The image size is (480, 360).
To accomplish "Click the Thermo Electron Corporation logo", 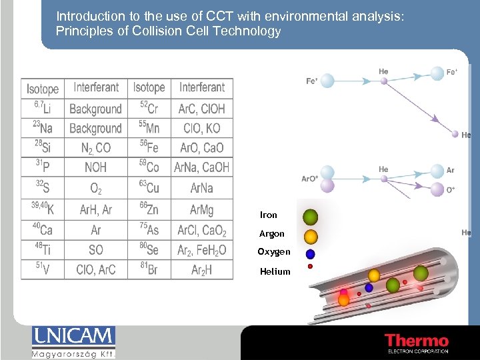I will click(416, 343).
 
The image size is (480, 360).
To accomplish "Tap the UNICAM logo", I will click(73, 342).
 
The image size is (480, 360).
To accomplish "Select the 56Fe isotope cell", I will click(149, 148).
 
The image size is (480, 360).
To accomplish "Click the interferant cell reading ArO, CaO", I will click(202, 148).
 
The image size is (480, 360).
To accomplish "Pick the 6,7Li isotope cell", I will click(43, 108).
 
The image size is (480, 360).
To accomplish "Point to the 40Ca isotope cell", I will click(43, 230).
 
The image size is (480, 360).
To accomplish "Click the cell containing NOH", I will click(96, 167).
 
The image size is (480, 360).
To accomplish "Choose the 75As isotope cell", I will click(149, 230).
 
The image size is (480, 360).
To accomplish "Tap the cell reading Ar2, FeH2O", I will click(202, 250).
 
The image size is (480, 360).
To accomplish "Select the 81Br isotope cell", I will click(149, 269).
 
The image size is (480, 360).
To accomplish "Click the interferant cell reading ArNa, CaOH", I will click(202, 167).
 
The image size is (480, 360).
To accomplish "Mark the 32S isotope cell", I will click(43, 187).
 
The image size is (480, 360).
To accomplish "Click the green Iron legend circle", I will click(310, 217).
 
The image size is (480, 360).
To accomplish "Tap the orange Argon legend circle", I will click(310, 236).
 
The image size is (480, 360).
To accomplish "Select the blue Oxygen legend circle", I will click(310, 254).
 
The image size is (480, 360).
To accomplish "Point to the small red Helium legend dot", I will click(310, 267).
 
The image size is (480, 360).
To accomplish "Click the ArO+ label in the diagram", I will click(309, 179).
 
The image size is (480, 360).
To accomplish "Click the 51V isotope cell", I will click(43, 269).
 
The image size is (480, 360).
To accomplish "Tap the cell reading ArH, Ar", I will click(96, 210).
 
